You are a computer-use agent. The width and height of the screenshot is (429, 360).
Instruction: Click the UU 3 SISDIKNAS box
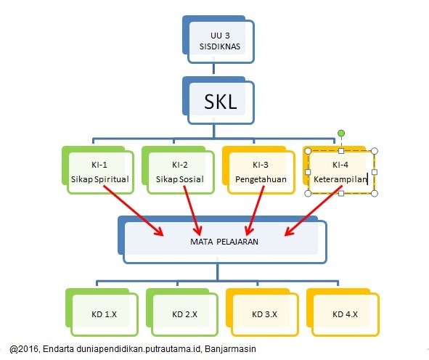pyautogui.click(x=218, y=39)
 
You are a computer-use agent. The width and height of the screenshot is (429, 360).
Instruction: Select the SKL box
pyautogui.click(x=218, y=100)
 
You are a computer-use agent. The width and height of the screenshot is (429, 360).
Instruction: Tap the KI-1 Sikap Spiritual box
pyautogui.click(x=98, y=170)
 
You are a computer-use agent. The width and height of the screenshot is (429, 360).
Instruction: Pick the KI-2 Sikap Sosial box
pyautogui.click(x=178, y=170)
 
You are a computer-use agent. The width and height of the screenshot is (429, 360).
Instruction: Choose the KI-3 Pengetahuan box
pyautogui.click(x=258, y=170)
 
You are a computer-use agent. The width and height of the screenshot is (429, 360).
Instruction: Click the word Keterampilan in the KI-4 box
pyautogui.click(x=340, y=179)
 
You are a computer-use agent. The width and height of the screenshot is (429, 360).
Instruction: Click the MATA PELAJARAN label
pyautogui.click(x=224, y=242)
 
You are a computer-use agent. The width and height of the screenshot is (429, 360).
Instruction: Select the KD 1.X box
pyautogui.click(x=102, y=312)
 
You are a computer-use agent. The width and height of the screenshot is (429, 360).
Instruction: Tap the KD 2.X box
pyautogui.click(x=182, y=312)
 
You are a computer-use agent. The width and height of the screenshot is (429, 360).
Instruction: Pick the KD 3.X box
pyautogui.click(x=262, y=312)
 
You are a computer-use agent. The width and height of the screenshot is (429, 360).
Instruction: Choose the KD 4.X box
pyautogui.click(x=343, y=312)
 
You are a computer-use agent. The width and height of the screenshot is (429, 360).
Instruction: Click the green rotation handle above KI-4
pyautogui.click(x=341, y=134)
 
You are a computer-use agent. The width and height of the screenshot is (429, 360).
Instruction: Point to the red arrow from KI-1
pyautogui.click(x=134, y=210)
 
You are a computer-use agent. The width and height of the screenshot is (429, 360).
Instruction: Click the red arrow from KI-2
pyautogui.click(x=192, y=210)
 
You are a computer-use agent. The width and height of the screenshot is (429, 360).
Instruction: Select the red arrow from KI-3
pyautogui.click(x=255, y=210)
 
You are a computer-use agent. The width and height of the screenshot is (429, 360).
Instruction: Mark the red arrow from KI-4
pyautogui.click(x=314, y=210)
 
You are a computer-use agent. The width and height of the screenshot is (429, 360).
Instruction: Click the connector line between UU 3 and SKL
pyautogui.click(x=213, y=69)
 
